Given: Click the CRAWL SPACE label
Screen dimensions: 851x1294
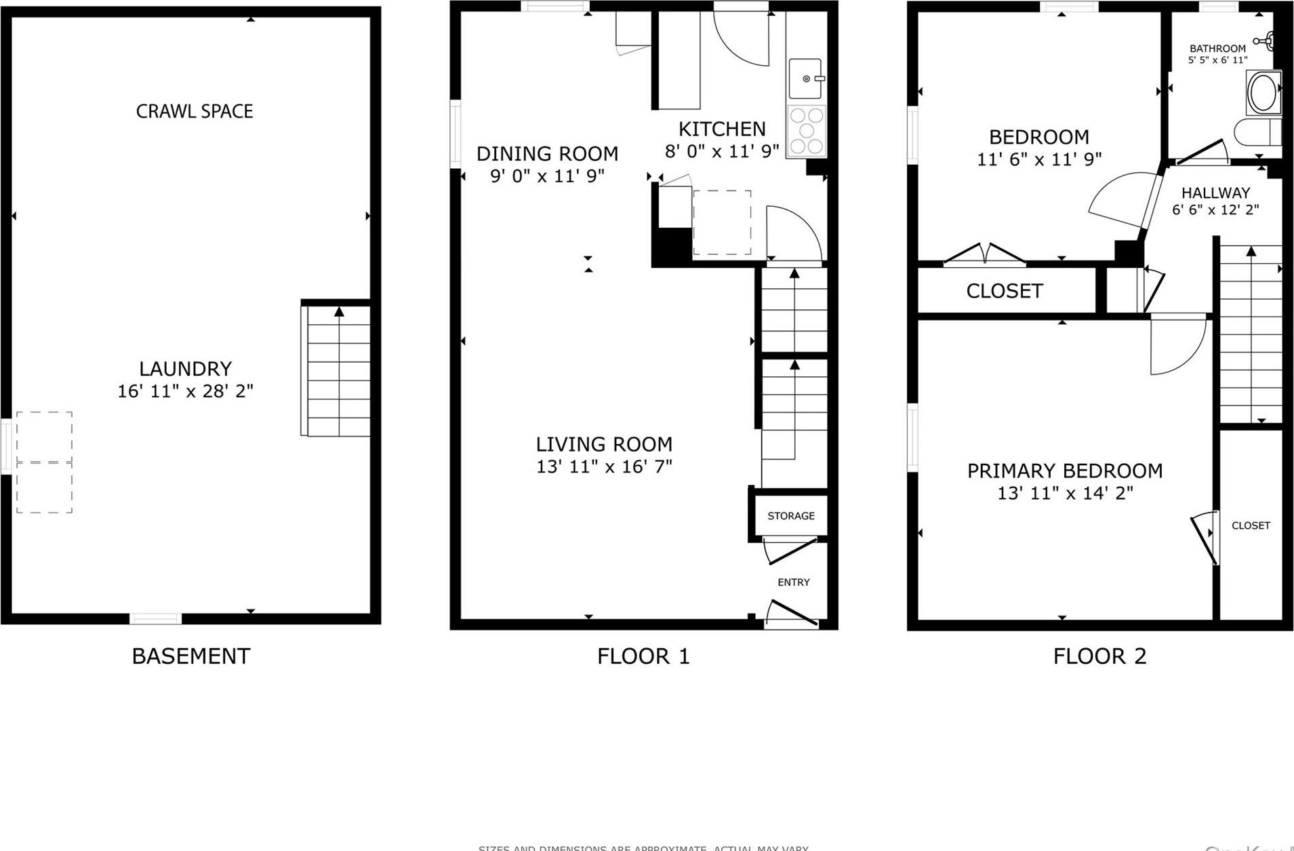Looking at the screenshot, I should (x=195, y=111).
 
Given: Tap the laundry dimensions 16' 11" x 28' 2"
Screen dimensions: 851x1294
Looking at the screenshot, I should (x=185, y=391).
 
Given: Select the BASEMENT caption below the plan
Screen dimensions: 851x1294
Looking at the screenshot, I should (x=190, y=656).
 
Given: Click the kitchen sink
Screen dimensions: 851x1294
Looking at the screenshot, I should (x=805, y=79).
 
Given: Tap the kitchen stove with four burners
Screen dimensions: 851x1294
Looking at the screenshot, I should (x=806, y=131).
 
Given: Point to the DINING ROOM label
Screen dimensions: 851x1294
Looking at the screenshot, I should (x=547, y=154).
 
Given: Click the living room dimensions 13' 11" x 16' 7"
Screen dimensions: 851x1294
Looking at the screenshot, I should (x=604, y=467).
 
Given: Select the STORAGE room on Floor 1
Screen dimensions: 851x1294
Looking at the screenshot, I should (x=790, y=516).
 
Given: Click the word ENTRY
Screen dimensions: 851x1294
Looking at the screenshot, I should (x=793, y=582).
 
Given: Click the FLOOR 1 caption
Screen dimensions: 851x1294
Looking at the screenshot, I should (x=643, y=656).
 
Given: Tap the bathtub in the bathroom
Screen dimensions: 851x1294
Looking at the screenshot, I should (x=1263, y=94).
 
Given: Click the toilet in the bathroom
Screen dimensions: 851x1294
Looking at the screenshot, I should (x=1258, y=132).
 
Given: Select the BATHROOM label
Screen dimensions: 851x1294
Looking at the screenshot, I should (x=1217, y=48).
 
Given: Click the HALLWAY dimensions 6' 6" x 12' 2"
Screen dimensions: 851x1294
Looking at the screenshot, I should (x=1215, y=210).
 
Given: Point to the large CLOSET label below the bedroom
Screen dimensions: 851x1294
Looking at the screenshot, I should (x=1004, y=291).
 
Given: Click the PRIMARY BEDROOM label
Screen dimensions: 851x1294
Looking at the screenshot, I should (x=1064, y=471).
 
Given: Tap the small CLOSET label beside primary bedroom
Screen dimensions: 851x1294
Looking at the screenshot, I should (x=1251, y=526).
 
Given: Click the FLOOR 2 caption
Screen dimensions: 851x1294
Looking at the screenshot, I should (x=1099, y=656).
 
